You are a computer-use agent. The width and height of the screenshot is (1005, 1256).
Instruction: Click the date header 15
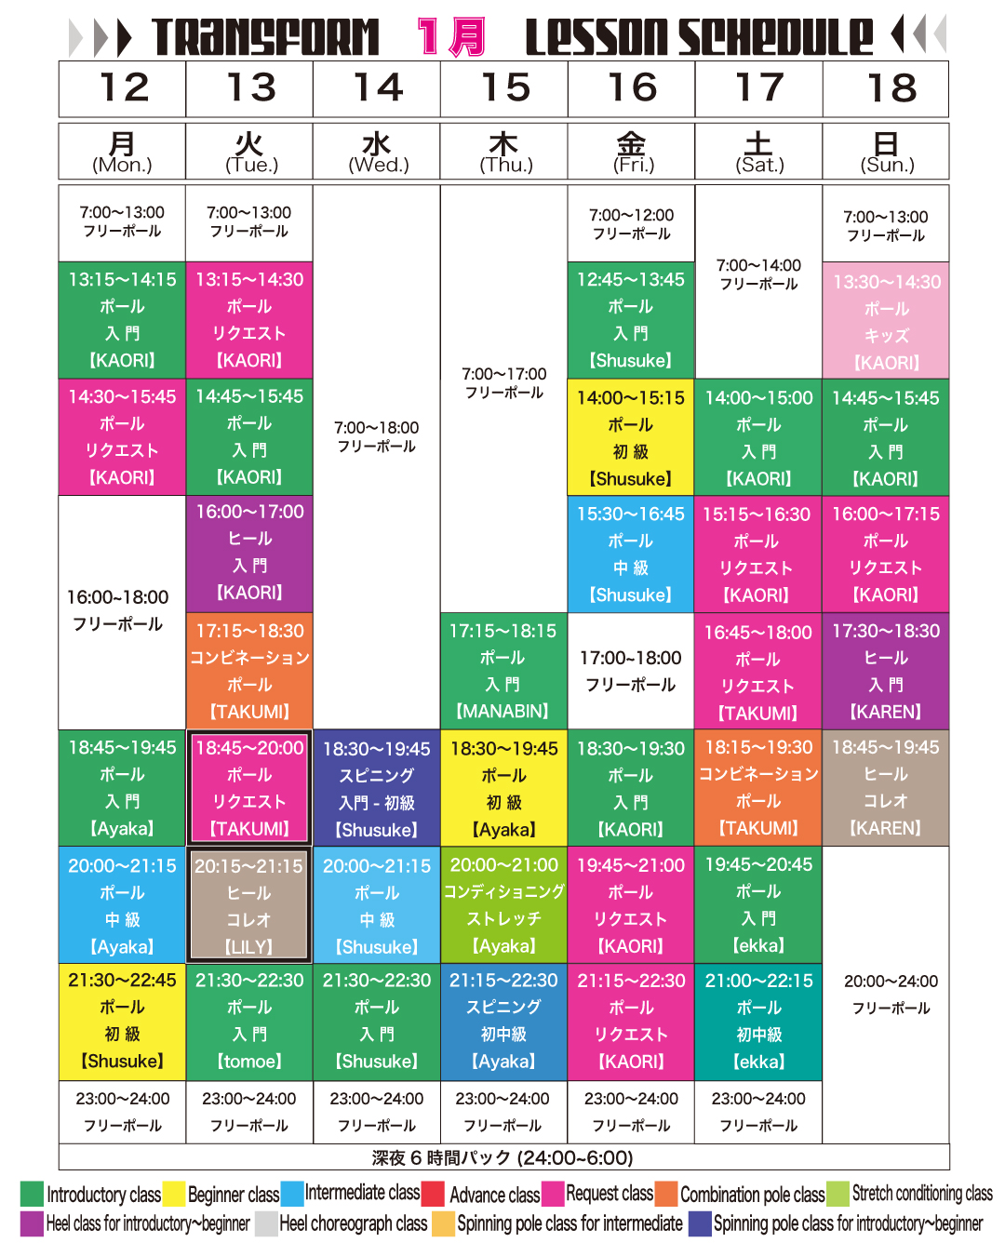click(504, 88)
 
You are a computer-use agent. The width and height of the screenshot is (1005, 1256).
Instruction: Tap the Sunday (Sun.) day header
click(886, 152)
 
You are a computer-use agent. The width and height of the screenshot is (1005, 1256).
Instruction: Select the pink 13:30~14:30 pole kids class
click(886, 321)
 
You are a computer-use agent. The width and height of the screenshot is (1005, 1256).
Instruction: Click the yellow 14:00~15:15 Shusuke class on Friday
click(631, 437)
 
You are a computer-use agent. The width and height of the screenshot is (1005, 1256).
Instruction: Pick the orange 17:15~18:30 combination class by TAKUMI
click(249, 671)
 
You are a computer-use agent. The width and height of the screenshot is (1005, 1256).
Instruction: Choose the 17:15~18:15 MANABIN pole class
click(503, 671)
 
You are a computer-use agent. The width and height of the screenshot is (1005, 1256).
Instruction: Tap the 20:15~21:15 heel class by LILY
click(249, 905)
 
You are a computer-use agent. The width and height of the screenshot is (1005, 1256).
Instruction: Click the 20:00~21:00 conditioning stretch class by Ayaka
click(503, 905)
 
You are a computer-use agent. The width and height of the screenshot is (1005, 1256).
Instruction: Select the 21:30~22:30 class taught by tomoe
click(249, 1021)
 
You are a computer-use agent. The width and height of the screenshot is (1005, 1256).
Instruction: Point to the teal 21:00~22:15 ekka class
click(758, 1021)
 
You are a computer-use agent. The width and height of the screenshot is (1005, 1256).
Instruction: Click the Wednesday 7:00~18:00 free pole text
click(377, 436)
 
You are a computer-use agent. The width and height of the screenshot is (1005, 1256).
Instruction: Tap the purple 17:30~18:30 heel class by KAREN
click(886, 671)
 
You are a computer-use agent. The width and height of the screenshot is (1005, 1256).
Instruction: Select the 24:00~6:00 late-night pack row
click(502, 1157)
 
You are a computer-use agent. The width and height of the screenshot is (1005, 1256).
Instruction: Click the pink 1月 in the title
click(451, 37)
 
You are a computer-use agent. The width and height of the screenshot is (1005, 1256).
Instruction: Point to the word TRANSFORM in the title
click(266, 37)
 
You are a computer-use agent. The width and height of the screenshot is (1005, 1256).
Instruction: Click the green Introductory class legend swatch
click(32, 1194)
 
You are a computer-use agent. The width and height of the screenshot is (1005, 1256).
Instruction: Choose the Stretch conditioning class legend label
click(921, 1194)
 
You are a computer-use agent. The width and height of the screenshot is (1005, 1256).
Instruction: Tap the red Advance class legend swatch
click(433, 1194)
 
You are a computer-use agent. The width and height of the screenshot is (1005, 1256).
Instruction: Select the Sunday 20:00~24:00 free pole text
click(891, 994)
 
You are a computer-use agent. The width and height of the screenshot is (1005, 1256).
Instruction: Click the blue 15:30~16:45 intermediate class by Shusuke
click(631, 554)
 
